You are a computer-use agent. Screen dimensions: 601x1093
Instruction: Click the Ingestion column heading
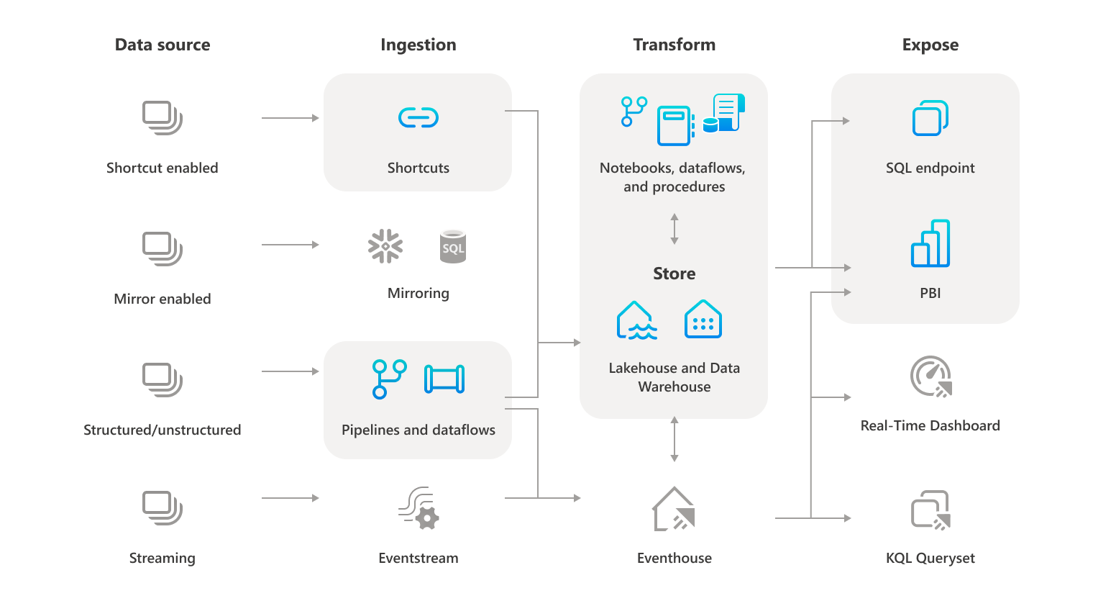tap(418, 45)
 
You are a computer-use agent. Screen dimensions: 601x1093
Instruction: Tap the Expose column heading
tap(930, 45)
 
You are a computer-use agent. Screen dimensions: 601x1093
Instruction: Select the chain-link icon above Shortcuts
tap(419, 117)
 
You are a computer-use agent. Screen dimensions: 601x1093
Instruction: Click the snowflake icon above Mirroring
tap(385, 246)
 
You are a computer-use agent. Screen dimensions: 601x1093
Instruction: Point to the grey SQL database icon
tap(452, 247)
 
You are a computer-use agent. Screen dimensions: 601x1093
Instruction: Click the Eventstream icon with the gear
tap(419, 508)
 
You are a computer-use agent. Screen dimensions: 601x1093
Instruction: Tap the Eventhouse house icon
tap(674, 510)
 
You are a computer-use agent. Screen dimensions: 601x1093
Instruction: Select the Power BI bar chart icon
tap(930, 243)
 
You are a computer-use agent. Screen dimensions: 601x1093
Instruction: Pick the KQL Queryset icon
tap(930, 510)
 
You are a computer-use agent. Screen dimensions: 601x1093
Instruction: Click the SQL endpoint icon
tap(930, 118)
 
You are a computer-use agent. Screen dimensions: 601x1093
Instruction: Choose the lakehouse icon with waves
tap(636, 320)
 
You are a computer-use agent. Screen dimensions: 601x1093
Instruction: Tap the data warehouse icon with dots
tap(703, 320)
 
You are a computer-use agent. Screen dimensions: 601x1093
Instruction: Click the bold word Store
tap(674, 274)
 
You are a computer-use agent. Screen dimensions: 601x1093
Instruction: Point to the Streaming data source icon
tap(163, 507)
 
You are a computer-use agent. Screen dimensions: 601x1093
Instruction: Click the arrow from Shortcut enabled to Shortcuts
tap(290, 118)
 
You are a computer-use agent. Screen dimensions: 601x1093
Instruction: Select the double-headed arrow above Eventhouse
tap(674, 438)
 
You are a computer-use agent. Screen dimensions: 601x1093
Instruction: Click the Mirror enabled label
tap(163, 299)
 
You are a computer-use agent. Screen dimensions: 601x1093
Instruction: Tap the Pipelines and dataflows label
tap(418, 430)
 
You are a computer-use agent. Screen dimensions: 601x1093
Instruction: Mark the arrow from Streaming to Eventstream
tap(290, 498)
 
